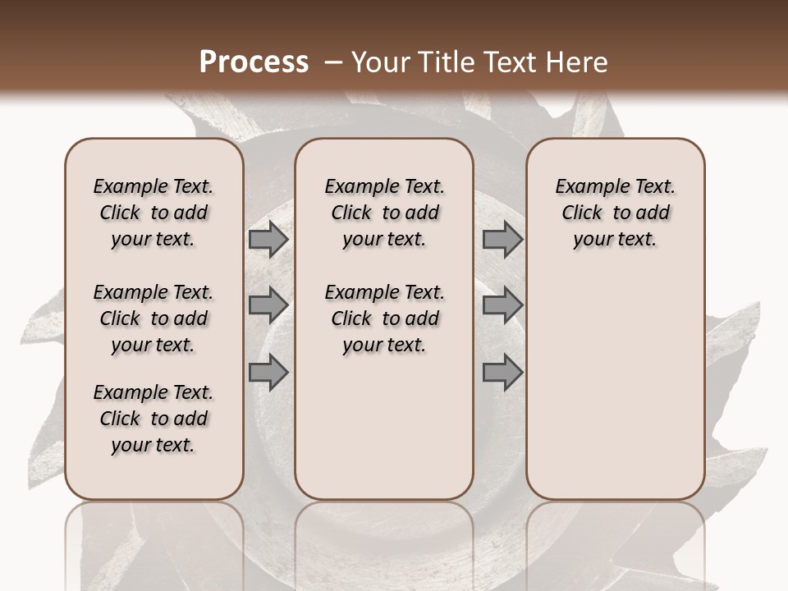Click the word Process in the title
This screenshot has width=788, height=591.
[254, 62]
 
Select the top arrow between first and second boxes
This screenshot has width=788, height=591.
[268, 240]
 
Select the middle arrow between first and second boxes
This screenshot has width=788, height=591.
[268, 306]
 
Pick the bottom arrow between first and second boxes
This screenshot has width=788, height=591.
[268, 373]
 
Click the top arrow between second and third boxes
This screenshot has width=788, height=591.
[502, 240]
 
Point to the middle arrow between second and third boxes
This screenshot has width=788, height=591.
[502, 306]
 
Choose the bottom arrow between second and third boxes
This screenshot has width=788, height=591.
[502, 373]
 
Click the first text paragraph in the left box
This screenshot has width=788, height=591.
[153, 213]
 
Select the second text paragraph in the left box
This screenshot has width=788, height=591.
[153, 318]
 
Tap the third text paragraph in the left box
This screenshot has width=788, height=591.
[153, 419]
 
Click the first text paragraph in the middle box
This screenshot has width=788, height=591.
[384, 213]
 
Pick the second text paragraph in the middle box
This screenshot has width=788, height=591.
[384, 318]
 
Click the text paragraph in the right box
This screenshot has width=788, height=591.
[615, 213]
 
